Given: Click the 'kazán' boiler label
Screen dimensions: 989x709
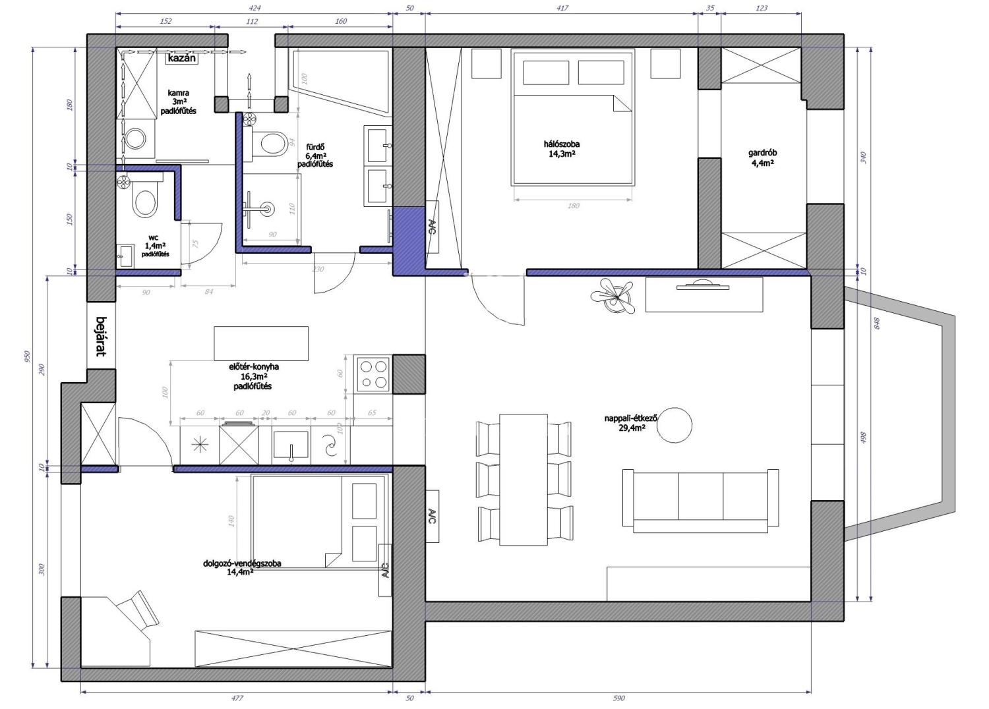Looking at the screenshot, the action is [181, 58].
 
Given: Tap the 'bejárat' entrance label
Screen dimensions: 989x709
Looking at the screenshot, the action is [102, 336].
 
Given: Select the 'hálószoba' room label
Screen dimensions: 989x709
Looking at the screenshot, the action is [562, 144].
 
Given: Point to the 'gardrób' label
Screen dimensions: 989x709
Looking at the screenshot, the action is [762, 153].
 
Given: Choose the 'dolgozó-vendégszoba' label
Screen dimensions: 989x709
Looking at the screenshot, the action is [242, 563].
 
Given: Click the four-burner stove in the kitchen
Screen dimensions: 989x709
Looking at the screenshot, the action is [374, 373].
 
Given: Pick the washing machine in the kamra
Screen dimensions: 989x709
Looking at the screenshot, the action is [136, 139].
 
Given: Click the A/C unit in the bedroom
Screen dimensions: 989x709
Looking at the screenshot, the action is [432, 227].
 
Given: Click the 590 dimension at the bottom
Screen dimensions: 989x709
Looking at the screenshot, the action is [619, 698].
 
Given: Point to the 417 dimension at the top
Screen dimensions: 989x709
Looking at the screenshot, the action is [562, 8].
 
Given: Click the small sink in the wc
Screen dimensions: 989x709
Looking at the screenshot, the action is [125, 256].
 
